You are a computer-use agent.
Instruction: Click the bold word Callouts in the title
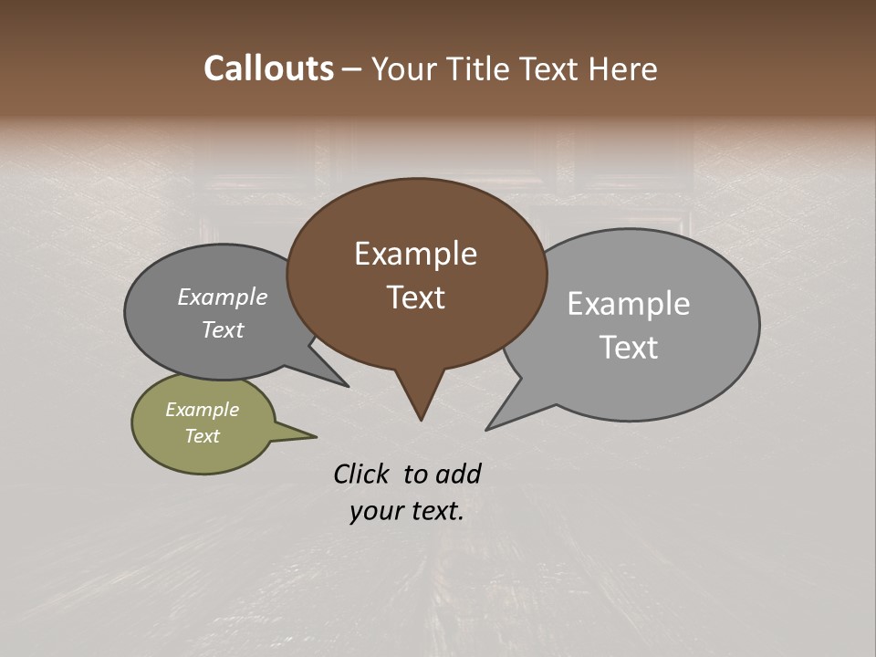pos(268,68)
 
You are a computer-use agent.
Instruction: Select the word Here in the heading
pos(622,68)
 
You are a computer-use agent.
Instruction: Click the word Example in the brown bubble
pos(415,254)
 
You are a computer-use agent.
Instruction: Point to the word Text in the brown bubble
pos(415,297)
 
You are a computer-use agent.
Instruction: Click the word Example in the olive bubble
pos(202,410)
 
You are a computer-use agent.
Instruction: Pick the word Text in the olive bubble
pos(202,436)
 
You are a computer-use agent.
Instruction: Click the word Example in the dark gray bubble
pos(222,297)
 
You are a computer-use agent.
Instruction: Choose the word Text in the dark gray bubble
pos(222,329)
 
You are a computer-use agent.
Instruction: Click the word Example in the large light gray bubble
pos(628,304)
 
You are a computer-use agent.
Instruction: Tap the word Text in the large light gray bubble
pos(628,348)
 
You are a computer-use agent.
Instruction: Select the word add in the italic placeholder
pos(457,474)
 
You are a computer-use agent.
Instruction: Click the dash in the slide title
pos(352,69)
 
